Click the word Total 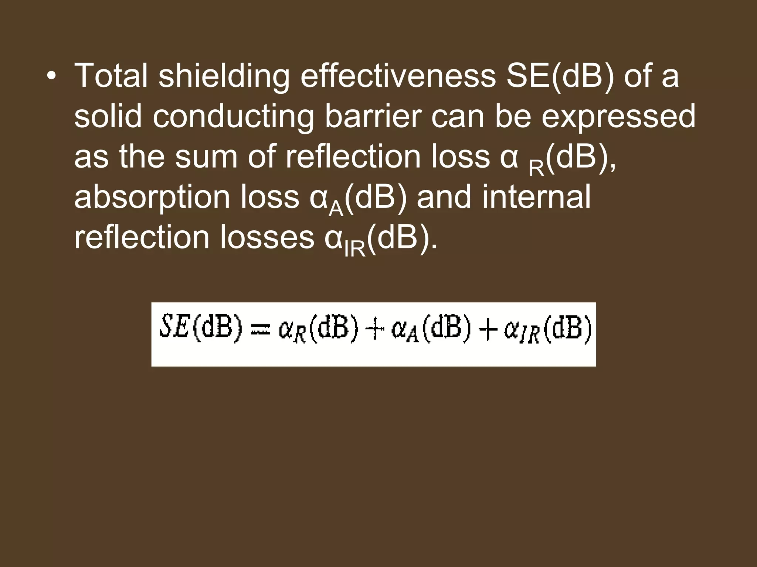point(111,76)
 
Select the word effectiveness point(398,76)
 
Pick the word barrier point(373,116)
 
